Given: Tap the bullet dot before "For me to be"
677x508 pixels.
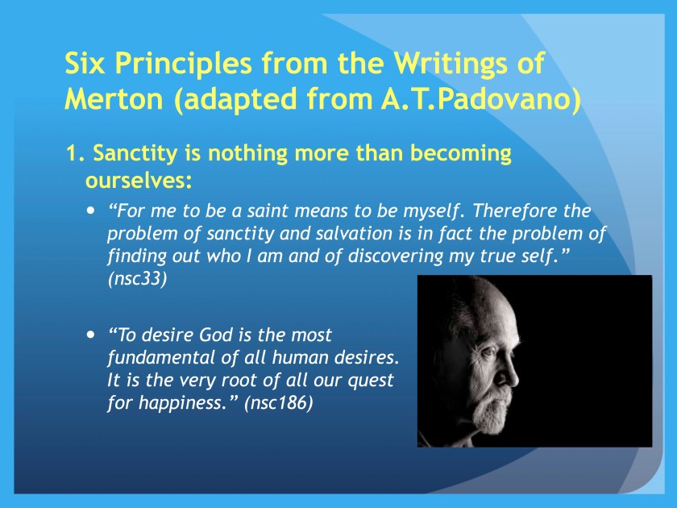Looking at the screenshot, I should click(89, 210).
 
